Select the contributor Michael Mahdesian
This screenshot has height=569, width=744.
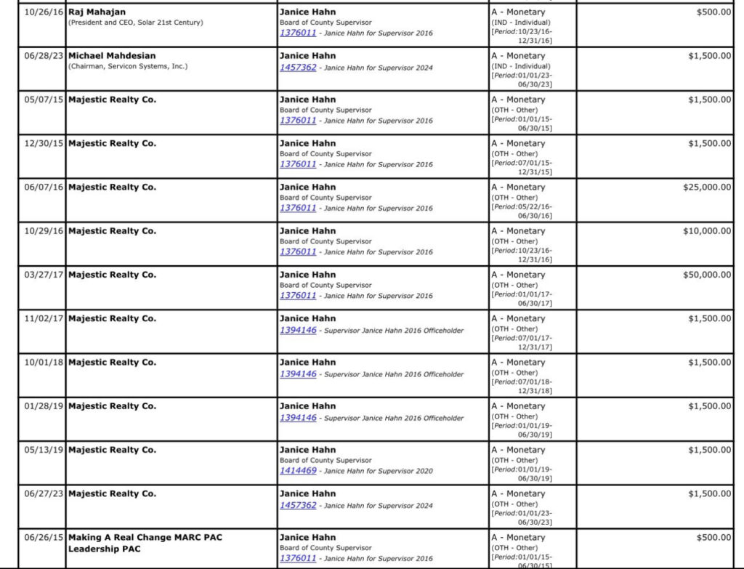coord(112,56)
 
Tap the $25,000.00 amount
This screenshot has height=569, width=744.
coord(707,187)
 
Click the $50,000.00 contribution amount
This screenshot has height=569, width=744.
coord(707,275)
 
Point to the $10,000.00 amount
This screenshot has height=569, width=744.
coord(707,231)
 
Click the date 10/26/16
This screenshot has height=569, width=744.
coord(44,12)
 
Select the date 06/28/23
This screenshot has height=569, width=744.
coord(44,56)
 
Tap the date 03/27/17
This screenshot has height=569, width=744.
coord(44,275)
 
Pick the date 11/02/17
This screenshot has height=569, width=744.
coord(44,318)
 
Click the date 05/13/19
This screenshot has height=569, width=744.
coord(44,450)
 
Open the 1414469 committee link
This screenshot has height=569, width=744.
coord(298,471)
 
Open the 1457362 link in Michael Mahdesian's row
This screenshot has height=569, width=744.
coord(298,68)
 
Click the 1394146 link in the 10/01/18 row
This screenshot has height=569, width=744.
coord(298,374)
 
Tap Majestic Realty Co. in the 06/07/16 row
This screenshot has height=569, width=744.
coord(112,187)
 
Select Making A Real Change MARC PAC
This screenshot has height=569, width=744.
coord(145,538)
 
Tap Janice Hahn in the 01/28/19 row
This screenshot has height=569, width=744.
coord(307,406)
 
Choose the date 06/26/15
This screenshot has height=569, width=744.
coord(44,538)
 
